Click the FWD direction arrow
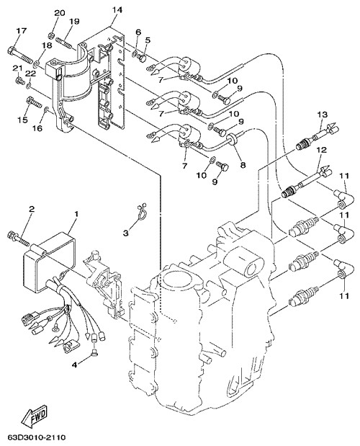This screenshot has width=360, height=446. (35, 417)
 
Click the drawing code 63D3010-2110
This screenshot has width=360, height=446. (37, 437)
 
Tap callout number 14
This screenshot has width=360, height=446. (117, 9)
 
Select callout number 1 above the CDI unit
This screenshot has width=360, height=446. (76, 213)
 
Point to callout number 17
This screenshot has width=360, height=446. (21, 30)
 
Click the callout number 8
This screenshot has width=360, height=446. (243, 165)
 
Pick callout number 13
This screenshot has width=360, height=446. (323, 115)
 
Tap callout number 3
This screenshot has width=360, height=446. (125, 233)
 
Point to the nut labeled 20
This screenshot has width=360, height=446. (51, 35)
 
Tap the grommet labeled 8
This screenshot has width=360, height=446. (232, 141)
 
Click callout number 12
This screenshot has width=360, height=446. (322, 149)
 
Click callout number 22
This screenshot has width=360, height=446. (31, 73)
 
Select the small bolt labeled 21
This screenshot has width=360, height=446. (19, 81)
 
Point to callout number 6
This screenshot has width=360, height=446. (138, 32)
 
